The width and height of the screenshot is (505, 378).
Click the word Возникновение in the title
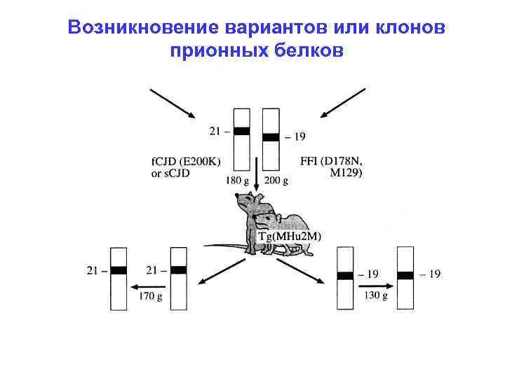133,29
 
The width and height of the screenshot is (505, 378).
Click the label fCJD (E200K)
186,162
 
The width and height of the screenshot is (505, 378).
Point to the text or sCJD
170,174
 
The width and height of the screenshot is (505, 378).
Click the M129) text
346,174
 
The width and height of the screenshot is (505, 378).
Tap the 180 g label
237,180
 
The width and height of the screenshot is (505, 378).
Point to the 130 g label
375,296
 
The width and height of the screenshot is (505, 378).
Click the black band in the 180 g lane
241,131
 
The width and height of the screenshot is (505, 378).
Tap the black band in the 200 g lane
271,137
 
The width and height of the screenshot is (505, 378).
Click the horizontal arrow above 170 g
149,286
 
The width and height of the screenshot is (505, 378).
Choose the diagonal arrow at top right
342,103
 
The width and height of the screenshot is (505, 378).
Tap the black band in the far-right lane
405,275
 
